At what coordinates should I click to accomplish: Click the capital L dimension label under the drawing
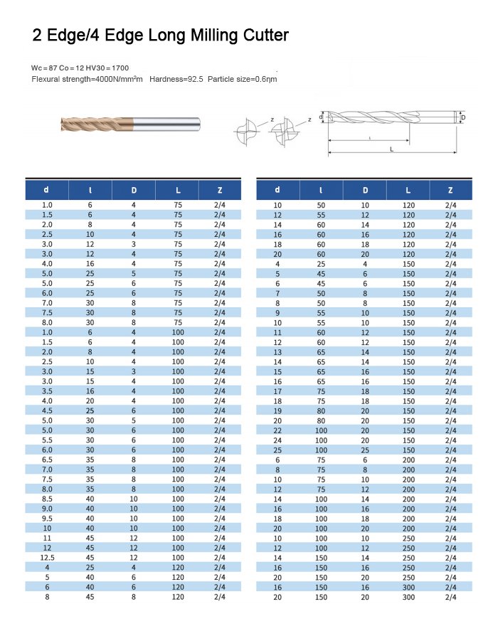tap(391, 149)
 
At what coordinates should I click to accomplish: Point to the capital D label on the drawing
tap(463, 117)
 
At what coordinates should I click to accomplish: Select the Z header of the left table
tap(220, 190)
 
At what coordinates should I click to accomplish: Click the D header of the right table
tap(366, 190)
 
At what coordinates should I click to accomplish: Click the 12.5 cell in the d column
tap(47, 557)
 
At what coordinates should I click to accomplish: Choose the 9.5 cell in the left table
tap(47, 518)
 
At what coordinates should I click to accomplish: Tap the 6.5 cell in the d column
tap(47, 459)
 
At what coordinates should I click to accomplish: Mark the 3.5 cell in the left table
tap(47, 391)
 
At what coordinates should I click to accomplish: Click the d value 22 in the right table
tap(277, 430)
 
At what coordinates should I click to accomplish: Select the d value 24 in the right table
tap(277, 440)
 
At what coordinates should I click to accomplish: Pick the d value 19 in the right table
tap(277, 410)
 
